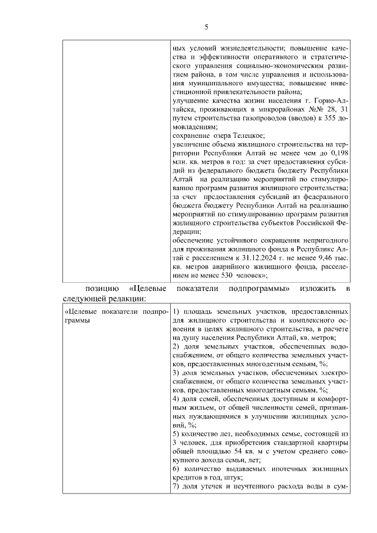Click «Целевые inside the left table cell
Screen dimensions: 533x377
point(82,311)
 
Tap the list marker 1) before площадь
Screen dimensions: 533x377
point(176,311)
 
